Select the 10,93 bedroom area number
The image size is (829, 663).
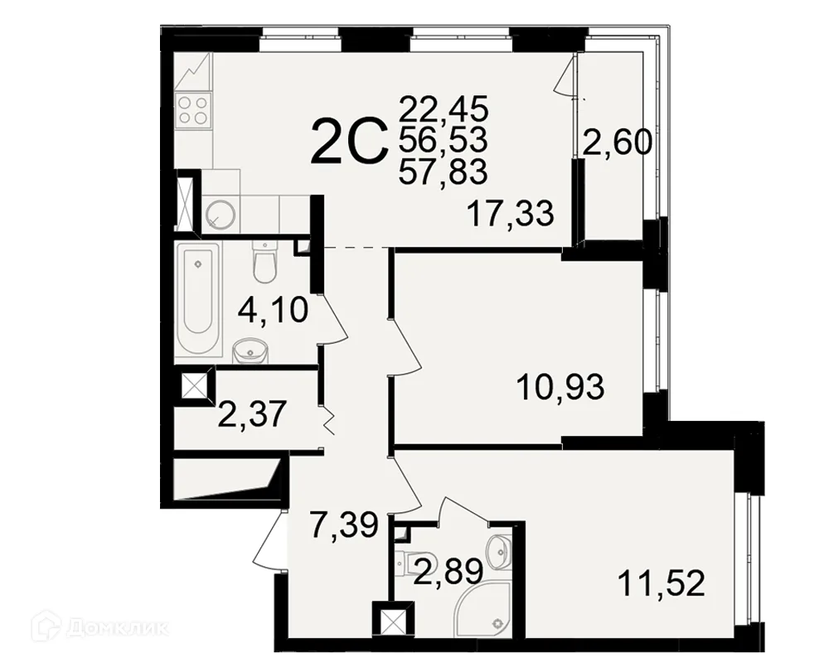pyautogui.click(x=560, y=387)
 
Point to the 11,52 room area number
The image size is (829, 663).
pyautogui.click(x=662, y=584)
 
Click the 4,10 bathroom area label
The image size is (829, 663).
pyautogui.click(x=273, y=310)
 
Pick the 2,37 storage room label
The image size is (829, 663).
pyautogui.click(x=252, y=414)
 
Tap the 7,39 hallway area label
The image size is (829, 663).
pyautogui.click(x=344, y=525)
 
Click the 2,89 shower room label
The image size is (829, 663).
pyautogui.click(x=448, y=572)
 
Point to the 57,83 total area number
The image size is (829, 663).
pyautogui.click(x=443, y=172)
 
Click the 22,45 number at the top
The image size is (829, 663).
pyautogui.click(x=443, y=110)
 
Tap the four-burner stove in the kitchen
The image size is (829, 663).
pyautogui.click(x=192, y=110)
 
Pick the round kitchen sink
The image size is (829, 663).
pyautogui.click(x=221, y=214)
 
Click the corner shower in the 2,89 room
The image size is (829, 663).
pyautogui.click(x=485, y=610)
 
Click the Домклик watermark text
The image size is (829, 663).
pyautogui.click(x=118, y=627)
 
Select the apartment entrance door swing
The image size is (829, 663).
pyautogui.click(x=269, y=540)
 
